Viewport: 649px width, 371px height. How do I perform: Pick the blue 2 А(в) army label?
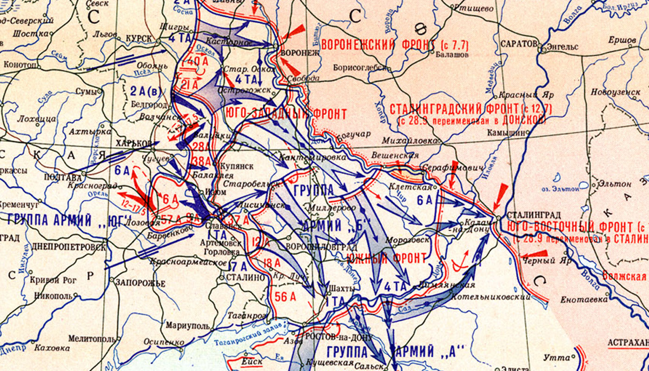coord(144,91)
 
